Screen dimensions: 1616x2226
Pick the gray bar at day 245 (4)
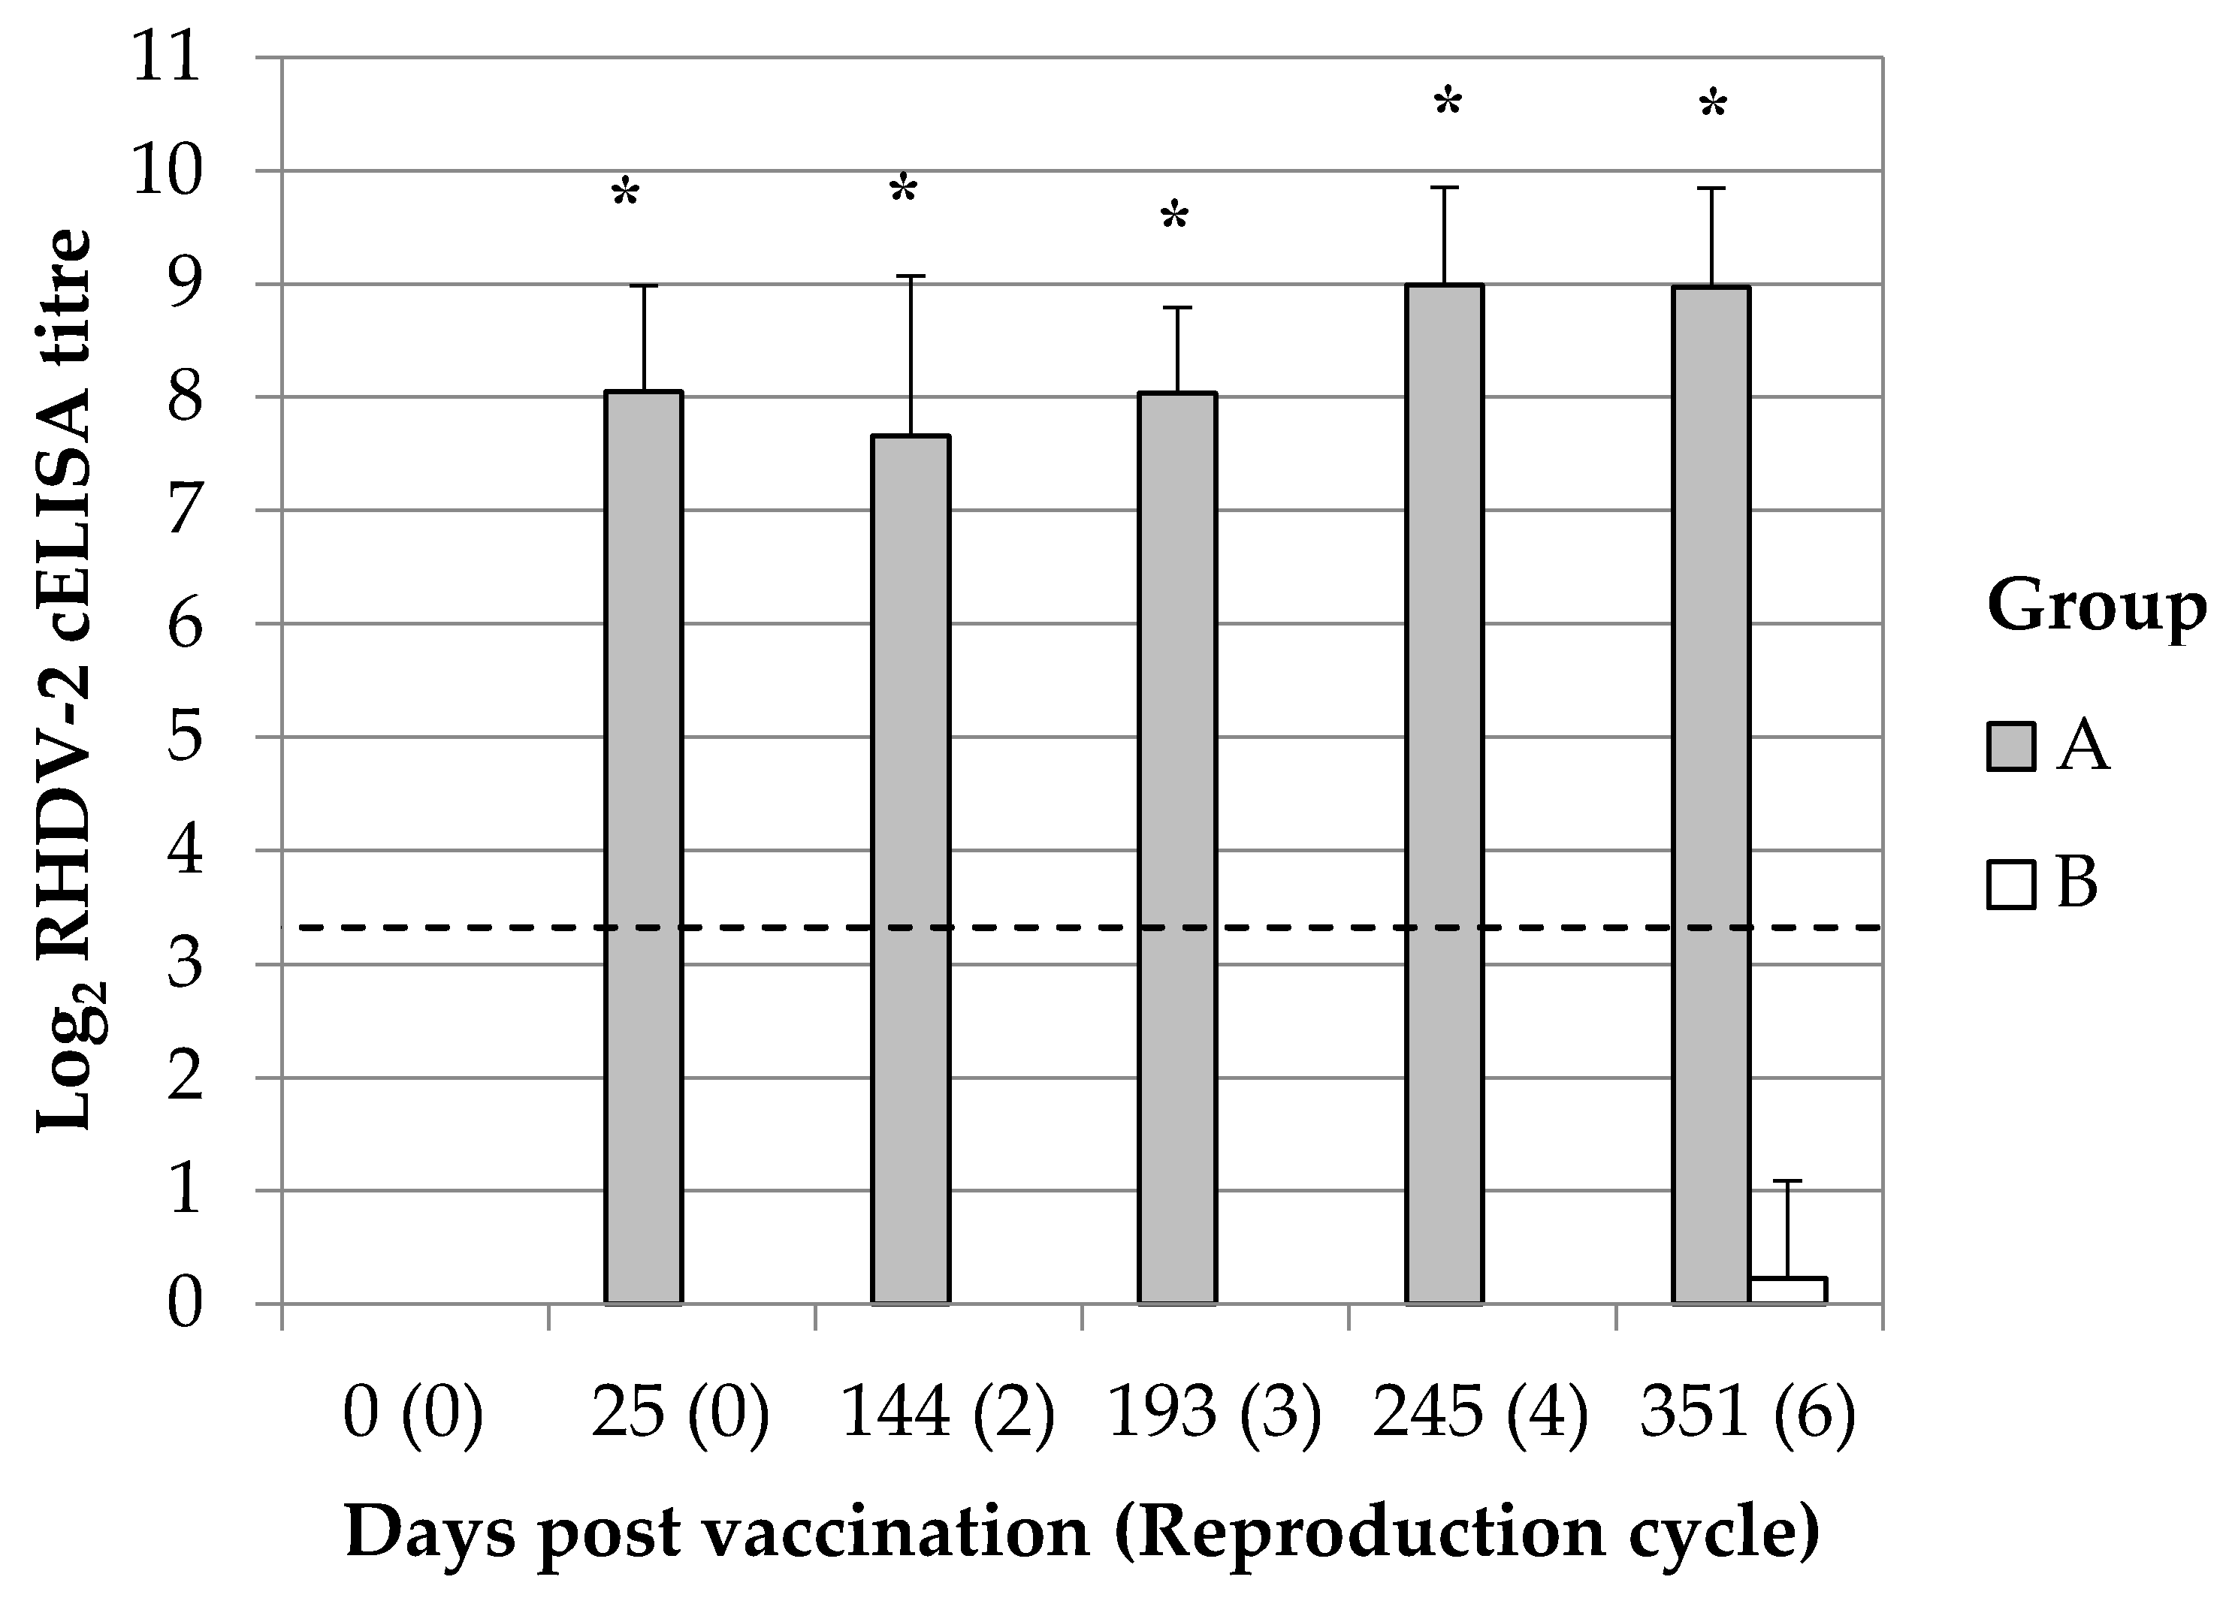point(1444,794)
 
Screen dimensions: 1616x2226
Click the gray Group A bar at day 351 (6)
point(1711,794)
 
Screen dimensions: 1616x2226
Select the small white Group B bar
point(1787,1290)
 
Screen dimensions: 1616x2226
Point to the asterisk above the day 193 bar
point(1173,218)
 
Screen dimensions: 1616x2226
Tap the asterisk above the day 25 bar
point(625,193)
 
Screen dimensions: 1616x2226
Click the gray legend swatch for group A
point(2011,746)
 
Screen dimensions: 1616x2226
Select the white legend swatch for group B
point(2011,883)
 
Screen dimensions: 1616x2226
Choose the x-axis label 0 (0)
point(413,1415)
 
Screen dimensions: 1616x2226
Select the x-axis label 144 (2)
point(947,1415)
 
